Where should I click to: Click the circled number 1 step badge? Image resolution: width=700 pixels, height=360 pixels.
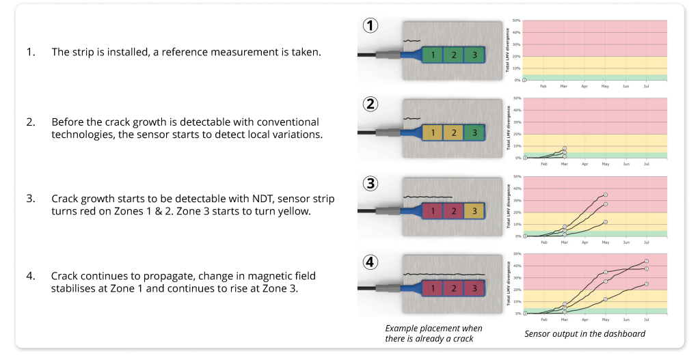click(370, 26)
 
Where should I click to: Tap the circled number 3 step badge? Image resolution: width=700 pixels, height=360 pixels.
click(370, 183)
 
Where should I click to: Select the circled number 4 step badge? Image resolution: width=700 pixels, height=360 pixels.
click(370, 262)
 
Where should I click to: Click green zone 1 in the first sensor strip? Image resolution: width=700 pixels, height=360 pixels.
click(432, 54)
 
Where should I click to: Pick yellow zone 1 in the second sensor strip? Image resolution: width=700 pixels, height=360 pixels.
click(432, 133)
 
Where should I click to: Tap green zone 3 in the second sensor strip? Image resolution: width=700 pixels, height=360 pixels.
click(474, 133)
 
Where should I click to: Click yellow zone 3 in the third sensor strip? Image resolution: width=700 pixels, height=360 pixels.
click(474, 211)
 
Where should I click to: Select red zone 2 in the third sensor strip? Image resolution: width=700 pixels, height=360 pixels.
click(453, 211)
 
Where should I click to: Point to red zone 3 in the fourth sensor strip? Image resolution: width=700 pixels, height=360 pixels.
click(474, 290)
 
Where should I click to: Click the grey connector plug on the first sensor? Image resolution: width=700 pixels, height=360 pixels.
click(387, 54)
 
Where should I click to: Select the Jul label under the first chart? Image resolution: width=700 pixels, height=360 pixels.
click(647, 87)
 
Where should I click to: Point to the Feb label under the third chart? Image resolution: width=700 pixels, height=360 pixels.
click(544, 243)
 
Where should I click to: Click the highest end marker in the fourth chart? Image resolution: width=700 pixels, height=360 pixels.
click(647, 261)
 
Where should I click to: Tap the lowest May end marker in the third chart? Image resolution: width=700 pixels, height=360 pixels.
click(606, 222)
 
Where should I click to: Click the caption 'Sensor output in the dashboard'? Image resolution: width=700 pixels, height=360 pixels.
click(584, 334)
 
